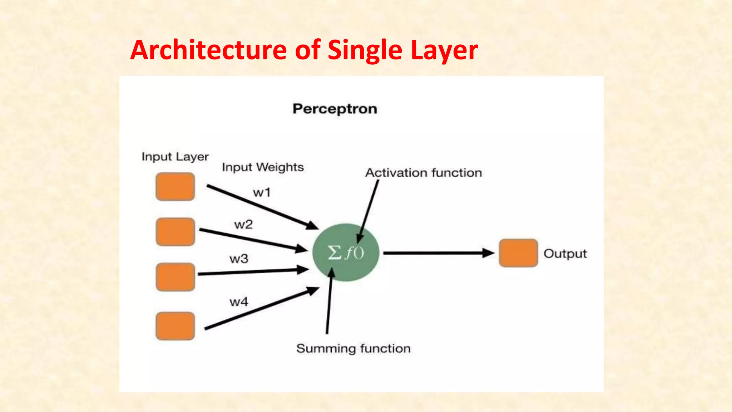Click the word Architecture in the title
(x=209, y=50)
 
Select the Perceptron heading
(x=335, y=109)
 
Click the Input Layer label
(x=175, y=157)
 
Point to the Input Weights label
(x=263, y=167)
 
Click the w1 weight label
(x=262, y=193)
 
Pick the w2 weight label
(x=243, y=225)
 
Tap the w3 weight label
(x=239, y=259)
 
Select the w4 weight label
(x=239, y=302)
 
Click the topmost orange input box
(x=175, y=187)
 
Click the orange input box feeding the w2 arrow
(x=175, y=232)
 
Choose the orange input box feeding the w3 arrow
(x=175, y=277)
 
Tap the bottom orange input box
(x=175, y=326)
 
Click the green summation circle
(x=346, y=265)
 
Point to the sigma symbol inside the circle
(x=335, y=252)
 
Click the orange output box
(x=518, y=253)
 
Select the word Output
(x=565, y=254)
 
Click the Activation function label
(x=424, y=173)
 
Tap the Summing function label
(x=353, y=348)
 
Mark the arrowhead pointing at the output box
(x=488, y=253)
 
